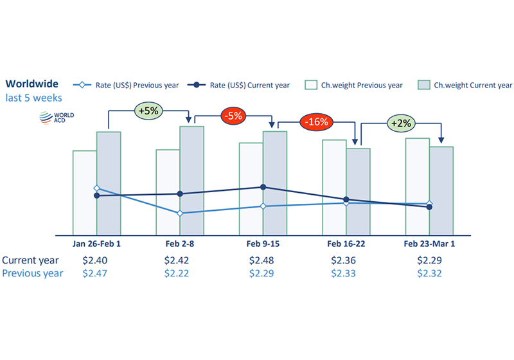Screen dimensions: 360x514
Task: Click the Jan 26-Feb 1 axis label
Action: (97, 244)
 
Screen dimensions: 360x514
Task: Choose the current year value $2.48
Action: (263, 260)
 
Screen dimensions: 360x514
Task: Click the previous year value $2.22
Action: (180, 273)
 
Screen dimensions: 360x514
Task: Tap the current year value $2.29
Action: (430, 260)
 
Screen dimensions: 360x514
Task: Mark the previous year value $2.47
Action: (97, 273)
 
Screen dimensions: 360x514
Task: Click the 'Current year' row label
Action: (30, 260)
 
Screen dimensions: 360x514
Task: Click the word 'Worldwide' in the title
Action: (32, 84)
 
